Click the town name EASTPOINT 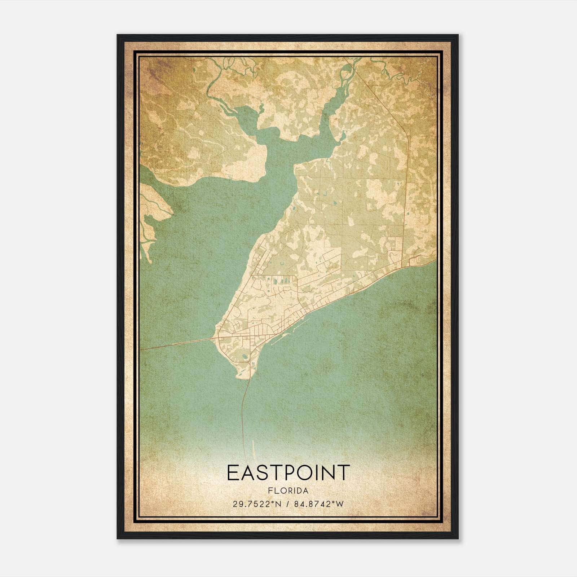pyautogui.click(x=288, y=472)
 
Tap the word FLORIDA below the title pyautogui.click(x=288, y=491)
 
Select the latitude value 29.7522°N pyautogui.click(x=257, y=504)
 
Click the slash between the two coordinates pyautogui.click(x=287, y=504)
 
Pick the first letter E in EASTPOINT pyautogui.click(x=233, y=472)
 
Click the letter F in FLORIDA pyautogui.click(x=270, y=491)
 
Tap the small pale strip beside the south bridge pyautogui.click(x=253, y=449)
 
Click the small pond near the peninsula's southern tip pyautogui.click(x=245, y=357)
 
